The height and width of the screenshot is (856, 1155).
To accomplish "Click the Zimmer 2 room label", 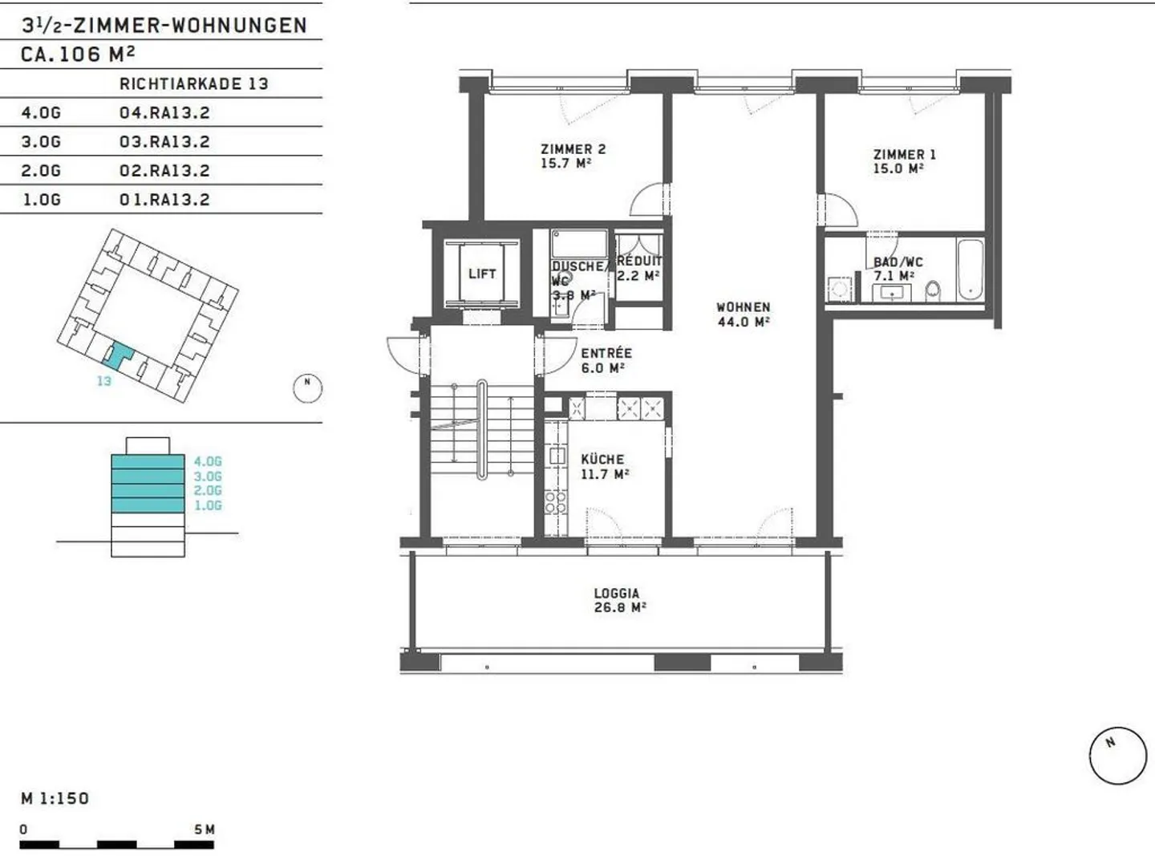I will pos(573,156).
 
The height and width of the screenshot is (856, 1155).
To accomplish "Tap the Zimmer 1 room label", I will pos(904,161).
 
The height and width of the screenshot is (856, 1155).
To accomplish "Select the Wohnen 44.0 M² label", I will pos(743,314).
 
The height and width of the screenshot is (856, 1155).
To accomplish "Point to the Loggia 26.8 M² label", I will pos(618,600).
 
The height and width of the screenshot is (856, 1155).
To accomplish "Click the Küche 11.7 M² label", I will pos(603,466).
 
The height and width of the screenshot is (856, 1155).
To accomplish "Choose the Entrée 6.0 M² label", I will pos(606,360).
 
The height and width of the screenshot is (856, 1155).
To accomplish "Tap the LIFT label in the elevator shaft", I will pos(482,274).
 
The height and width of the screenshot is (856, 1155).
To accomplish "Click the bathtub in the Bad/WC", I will pos(970,269).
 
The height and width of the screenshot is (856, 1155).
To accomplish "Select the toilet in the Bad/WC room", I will pos(933,290).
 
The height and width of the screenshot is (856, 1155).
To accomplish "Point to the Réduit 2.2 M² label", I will pos(639,268).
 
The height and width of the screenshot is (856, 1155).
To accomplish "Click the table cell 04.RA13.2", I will pos(164,112).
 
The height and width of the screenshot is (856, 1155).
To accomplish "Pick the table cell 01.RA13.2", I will pos(164,199).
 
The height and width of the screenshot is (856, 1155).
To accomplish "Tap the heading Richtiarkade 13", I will pos(193,83).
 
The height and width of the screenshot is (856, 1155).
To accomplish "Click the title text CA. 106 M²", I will pos(78,55).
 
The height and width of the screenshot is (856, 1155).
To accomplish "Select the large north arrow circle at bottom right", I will pos(1117,756).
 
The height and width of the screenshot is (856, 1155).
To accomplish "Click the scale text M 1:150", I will pos(55,798).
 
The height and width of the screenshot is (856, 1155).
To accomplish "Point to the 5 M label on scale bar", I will pos(205,830).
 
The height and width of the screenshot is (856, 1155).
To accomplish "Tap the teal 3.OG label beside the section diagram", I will pos(207,476).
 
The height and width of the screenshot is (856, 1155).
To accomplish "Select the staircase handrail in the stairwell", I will pos(481,430).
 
